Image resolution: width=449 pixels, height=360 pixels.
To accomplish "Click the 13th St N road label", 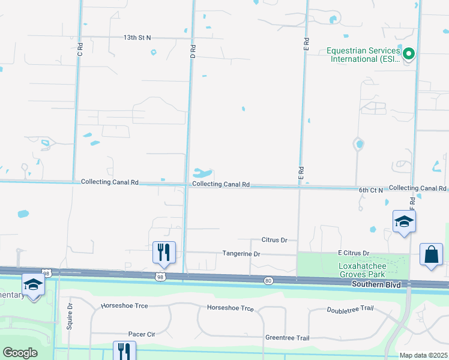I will coord(137,37).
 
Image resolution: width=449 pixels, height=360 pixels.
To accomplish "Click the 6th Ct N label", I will coord(371,190).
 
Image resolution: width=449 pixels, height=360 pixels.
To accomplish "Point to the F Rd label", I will coord(412,203).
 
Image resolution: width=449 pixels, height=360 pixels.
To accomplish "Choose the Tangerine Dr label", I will coord(241,254).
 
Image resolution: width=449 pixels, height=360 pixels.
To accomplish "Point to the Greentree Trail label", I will coord(288,338).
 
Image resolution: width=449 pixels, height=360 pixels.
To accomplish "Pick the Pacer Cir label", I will coord(142,334).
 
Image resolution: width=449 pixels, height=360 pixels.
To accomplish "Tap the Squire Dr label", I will coord(70,316).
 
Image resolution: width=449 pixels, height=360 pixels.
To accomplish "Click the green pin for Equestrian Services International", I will coord(409,54).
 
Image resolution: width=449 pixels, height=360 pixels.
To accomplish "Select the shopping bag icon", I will coord(431,254).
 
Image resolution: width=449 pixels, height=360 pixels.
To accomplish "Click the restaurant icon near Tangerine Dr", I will coord(163,253).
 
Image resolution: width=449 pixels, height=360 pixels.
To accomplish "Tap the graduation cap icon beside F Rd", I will coord(404,221).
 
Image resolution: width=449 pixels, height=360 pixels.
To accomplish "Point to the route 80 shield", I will coord(268,280).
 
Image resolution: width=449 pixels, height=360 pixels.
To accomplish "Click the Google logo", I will coord(20,353).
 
